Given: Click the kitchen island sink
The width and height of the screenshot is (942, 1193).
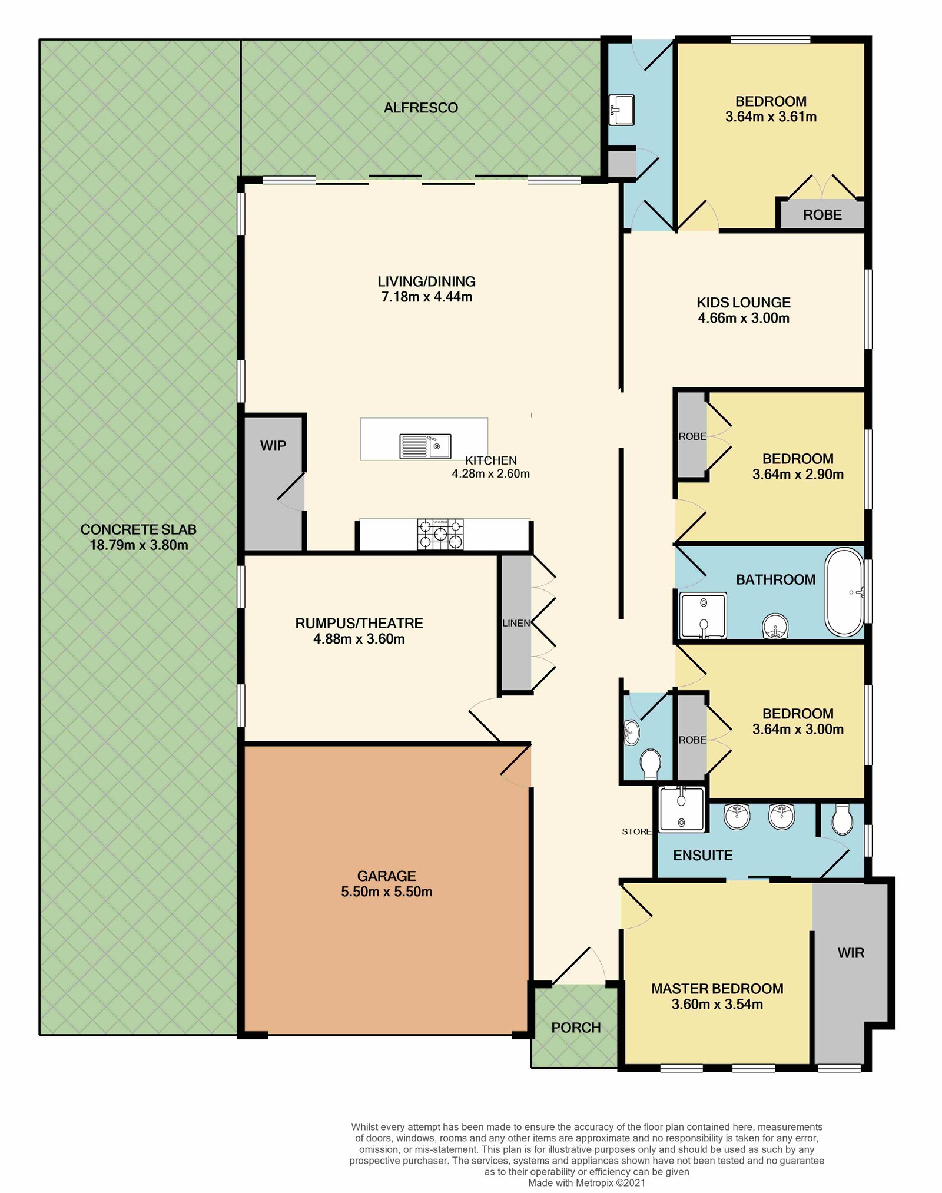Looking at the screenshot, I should tap(425, 446).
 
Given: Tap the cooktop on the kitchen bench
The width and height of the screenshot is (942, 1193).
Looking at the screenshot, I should tap(440, 534).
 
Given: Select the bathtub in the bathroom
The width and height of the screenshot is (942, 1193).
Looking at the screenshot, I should tap(844, 592).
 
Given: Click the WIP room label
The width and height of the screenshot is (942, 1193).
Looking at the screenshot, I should tap(273, 446).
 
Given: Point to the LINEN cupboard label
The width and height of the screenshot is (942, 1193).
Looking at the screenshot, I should tap(516, 623).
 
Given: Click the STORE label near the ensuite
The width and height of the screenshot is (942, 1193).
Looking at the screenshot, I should tap(636, 831).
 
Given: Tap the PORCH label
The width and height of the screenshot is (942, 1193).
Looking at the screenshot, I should tap(576, 1028).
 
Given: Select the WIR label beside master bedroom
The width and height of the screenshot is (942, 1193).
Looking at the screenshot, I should tap(851, 953).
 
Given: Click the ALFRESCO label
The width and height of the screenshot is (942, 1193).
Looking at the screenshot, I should tap(420, 108).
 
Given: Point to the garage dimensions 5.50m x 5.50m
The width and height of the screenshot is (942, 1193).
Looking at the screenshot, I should tap(386, 892).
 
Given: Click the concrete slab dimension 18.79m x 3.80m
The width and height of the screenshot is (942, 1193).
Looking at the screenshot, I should tap(138, 545).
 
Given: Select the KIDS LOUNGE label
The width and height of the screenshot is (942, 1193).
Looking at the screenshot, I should tap(743, 303).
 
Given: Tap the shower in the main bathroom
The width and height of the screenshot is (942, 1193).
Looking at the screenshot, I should tap(703, 616).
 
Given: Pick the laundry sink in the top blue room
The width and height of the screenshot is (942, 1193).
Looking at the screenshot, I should tap(622, 110).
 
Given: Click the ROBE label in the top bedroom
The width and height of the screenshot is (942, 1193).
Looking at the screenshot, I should tap(822, 215).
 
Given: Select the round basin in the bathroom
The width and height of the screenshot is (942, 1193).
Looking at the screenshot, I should tap(775, 627).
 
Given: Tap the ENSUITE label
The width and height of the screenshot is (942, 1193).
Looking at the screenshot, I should tap(702, 856).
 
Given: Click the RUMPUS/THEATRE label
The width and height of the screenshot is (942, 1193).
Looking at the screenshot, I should tap(359, 623).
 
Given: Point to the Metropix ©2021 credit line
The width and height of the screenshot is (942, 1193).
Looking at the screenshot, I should tap(586, 1182).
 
